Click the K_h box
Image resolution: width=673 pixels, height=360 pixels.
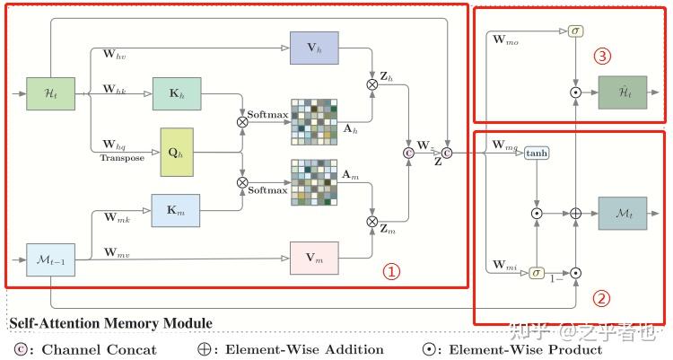point(176,94)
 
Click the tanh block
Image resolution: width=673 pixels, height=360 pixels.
point(537,153)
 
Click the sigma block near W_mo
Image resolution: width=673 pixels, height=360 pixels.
point(575,31)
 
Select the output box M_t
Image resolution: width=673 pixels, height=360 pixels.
point(622,214)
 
